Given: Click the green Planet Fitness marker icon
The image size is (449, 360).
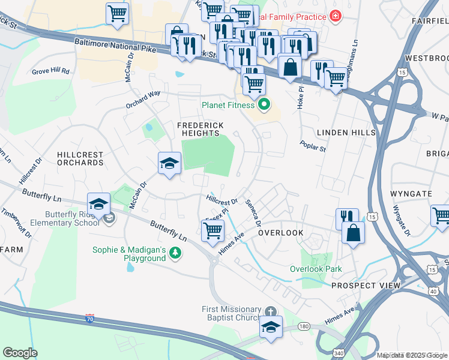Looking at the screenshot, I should click(263, 106).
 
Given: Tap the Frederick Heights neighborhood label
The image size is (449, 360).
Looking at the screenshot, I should click(200, 130).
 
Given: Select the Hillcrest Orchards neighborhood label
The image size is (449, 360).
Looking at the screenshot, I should click(80, 158).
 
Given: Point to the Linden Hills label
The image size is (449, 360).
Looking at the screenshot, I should click(346, 132).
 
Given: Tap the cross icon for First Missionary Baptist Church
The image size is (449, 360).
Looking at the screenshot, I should click(271, 311).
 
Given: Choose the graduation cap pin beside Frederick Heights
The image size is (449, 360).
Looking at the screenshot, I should click(169, 163).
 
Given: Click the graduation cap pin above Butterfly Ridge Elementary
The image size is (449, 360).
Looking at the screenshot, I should click(98, 204).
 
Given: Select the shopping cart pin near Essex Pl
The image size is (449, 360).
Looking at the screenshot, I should click(212, 230).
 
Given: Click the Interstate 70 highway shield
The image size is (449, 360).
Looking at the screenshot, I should click(90, 317).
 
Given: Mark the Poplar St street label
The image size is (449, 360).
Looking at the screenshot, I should click(313, 146).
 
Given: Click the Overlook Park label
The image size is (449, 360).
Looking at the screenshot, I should click(316, 269).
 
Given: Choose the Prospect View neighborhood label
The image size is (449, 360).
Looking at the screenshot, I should click(365, 286).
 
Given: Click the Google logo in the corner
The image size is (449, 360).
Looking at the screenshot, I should click(20, 353).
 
